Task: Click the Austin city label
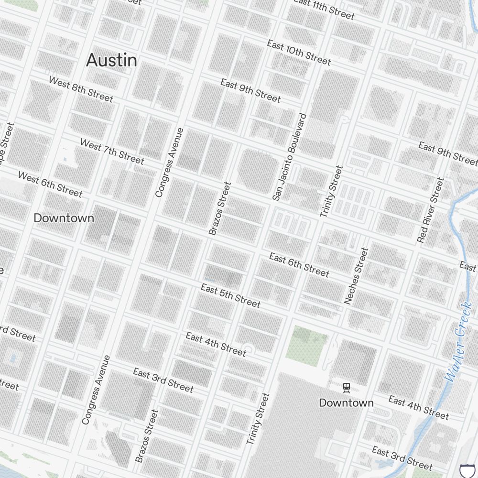coord(111,60)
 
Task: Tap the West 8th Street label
coord(81,89)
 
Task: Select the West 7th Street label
coord(112,151)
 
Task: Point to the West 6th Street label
coord(50,184)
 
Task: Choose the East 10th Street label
coord(299,53)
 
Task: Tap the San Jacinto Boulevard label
coord(289,156)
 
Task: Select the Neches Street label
coord(357,275)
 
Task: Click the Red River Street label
coord(430,210)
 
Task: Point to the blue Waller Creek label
coord(458,342)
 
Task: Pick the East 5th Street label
coord(230,296)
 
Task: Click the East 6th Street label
coord(299,265)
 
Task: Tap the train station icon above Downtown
coord(347,388)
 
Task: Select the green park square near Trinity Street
coord(306,346)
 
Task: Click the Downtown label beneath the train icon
coord(347,403)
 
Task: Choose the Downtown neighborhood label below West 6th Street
coord(64,218)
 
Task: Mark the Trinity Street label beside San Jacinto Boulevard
coord(332,191)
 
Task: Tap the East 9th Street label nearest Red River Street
coord(447,152)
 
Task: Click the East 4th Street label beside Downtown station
coord(419,408)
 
